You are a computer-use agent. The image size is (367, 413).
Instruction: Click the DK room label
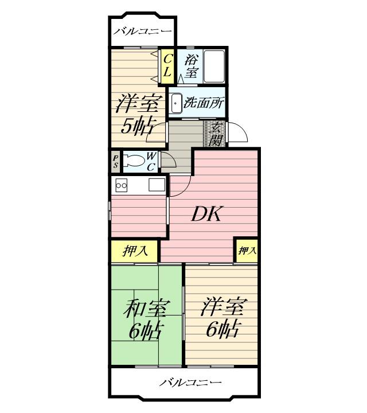[x=206, y=214]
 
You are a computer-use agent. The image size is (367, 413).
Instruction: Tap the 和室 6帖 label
[x=145, y=319]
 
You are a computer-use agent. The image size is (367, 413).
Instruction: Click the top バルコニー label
[x=142, y=31]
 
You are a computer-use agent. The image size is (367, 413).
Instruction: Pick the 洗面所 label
[x=204, y=103]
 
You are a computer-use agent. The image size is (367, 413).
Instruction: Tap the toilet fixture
[x=133, y=161]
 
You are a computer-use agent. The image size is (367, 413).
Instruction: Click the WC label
[x=151, y=161]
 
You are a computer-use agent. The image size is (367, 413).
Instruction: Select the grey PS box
[x=115, y=161]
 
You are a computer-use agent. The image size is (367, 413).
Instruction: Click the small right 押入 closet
[x=246, y=250]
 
